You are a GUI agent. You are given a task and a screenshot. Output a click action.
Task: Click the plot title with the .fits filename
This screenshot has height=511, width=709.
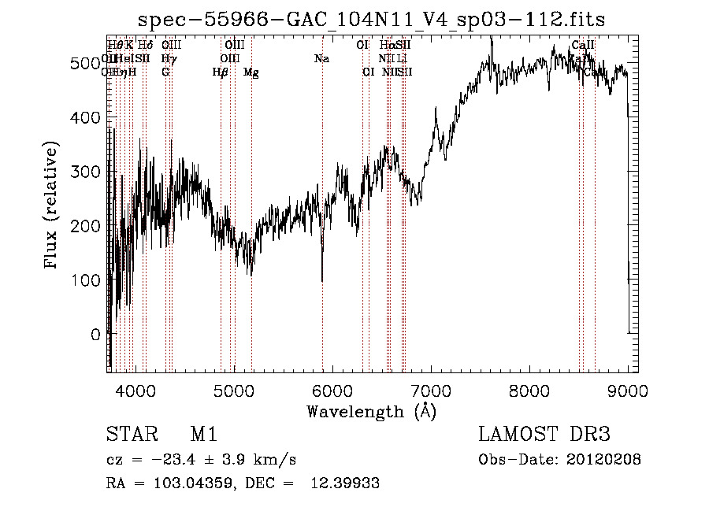click(x=371, y=20)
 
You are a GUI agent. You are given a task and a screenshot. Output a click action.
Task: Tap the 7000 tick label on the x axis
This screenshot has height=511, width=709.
click(x=431, y=391)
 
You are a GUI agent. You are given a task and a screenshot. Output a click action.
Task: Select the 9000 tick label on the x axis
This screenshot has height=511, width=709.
click(x=628, y=391)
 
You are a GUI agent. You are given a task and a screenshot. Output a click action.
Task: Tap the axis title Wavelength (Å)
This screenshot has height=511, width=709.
click(x=371, y=411)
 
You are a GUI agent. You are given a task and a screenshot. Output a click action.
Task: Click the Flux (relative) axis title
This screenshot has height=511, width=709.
click(x=52, y=206)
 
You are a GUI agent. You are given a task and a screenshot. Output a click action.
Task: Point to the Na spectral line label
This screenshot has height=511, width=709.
click(x=321, y=58)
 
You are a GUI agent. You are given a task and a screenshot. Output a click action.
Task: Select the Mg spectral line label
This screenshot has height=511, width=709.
click(x=251, y=72)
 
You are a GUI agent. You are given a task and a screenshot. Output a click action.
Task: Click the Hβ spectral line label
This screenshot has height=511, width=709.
click(x=220, y=72)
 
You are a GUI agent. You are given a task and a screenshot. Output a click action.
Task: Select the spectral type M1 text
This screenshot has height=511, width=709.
click(x=203, y=435)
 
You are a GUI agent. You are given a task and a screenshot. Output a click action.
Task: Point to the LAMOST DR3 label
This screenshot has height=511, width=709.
click(x=544, y=435)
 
